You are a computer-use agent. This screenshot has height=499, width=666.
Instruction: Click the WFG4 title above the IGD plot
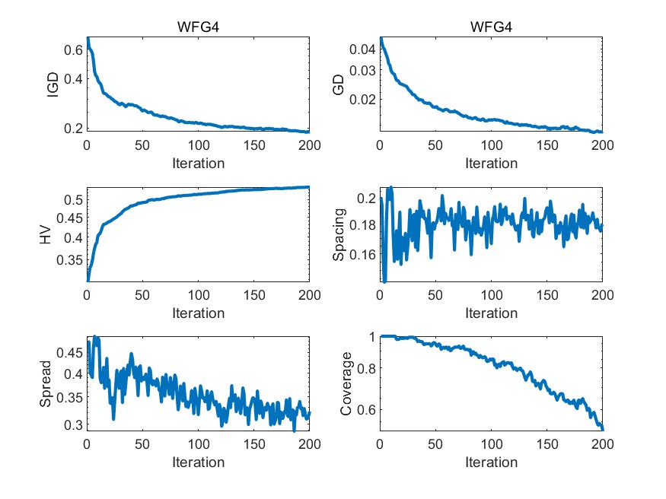click(x=198, y=27)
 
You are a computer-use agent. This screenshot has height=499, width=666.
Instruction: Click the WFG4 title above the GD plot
click(x=491, y=27)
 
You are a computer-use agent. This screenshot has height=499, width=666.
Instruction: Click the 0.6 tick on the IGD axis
click(x=73, y=50)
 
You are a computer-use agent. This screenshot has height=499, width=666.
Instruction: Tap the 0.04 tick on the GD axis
click(x=362, y=49)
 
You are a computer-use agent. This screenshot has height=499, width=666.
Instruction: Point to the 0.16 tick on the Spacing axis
click(x=362, y=254)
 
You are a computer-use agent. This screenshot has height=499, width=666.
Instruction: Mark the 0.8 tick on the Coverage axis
click(x=367, y=369)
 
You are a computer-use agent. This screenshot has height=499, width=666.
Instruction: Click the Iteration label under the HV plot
click(x=198, y=313)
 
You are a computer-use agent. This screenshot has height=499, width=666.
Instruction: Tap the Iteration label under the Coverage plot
click(x=491, y=462)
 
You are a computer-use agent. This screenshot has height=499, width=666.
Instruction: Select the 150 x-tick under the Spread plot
click(x=253, y=444)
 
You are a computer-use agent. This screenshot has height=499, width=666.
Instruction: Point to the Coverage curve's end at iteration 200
click(x=602, y=430)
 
